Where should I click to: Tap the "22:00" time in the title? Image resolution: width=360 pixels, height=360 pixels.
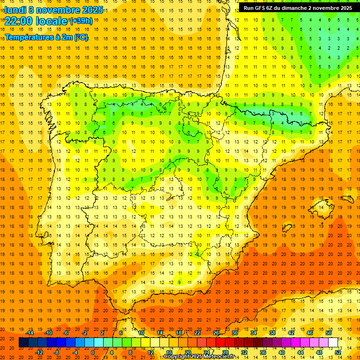[x=18, y=21]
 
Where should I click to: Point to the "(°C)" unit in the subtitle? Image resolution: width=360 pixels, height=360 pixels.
[x=81, y=37]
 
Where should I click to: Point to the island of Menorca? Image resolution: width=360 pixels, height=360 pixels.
[x=347, y=199]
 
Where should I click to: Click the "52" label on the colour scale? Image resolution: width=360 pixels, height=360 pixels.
[x=338, y=352]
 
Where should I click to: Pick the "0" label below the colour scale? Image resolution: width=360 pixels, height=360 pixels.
[x=93, y=352]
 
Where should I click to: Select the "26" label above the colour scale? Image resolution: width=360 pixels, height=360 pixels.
[x=216, y=333]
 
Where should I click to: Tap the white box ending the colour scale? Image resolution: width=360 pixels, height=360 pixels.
[x=333, y=343]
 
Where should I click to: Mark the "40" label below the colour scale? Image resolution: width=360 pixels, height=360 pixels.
[x=282, y=352]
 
